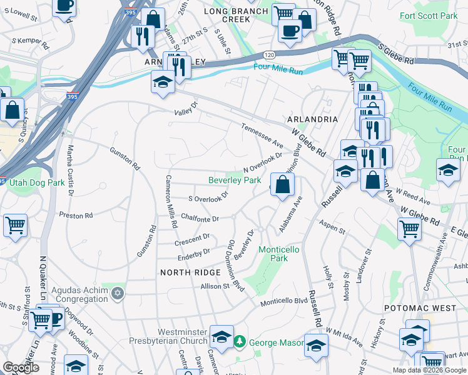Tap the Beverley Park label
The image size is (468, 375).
tap(235, 180)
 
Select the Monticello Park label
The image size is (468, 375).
tap(278, 254)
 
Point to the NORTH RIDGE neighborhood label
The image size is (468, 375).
tap(190, 272)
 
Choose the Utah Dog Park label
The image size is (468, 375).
tap(37, 182)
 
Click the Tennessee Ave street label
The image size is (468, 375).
tap(263, 136)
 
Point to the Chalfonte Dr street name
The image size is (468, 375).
tap(200, 219)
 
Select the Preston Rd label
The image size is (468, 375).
tap(76, 215)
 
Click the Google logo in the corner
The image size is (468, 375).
tap(21, 367)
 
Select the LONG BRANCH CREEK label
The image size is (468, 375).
tap(228, 15)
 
